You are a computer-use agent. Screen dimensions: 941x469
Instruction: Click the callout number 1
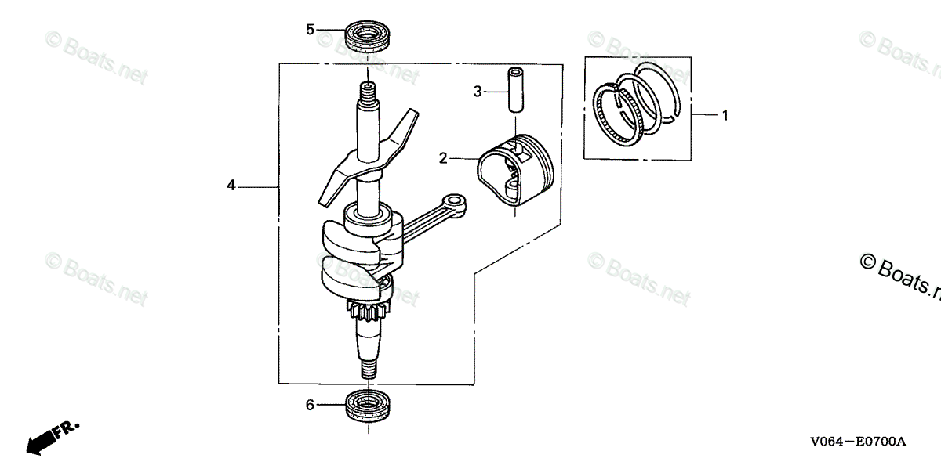click(725, 116)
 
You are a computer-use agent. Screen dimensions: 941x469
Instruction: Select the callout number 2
click(443, 159)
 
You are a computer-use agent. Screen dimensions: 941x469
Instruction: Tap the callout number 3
click(477, 92)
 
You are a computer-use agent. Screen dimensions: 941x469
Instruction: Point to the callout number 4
click(231, 186)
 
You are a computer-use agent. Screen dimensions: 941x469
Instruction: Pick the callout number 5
click(310, 30)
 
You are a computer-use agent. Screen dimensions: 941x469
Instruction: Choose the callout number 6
click(310, 405)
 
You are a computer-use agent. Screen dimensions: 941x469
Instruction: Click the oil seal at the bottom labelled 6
click(367, 406)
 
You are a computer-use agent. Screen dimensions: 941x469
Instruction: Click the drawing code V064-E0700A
click(859, 442)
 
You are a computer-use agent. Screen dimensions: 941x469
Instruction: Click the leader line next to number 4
click(259, 186)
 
